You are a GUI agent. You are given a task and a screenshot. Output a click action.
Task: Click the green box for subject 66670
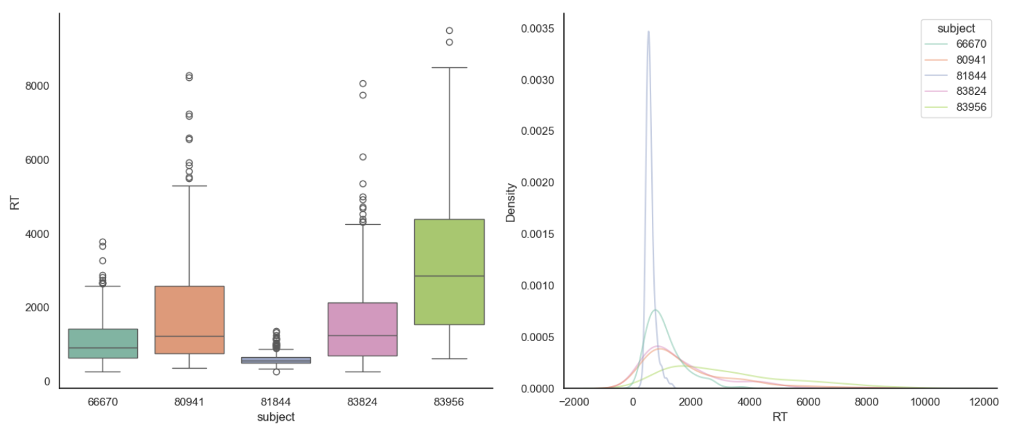(103, 343)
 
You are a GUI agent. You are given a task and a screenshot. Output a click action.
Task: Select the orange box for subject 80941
(189, 320)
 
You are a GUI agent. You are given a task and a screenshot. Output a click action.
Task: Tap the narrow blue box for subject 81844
(276, 360)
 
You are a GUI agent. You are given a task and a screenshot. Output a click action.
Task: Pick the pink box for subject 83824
(362, 329)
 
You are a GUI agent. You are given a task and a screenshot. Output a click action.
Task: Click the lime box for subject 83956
(449, 272)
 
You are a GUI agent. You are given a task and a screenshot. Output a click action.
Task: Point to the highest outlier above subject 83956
(449, 30)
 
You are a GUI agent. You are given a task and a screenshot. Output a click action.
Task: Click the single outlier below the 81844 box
(276, 372)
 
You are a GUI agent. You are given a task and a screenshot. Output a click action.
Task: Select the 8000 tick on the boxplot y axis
(36, 86)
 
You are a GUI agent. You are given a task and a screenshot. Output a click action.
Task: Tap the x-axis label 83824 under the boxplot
(362, 401)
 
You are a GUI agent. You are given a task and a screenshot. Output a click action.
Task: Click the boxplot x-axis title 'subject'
(276, 417)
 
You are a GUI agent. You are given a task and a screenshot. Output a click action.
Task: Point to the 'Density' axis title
(511, 202)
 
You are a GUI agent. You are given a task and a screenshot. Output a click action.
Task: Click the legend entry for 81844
(956, 77)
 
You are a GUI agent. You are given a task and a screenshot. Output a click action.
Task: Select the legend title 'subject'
(955, 29)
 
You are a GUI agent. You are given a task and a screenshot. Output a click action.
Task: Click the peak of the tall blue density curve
(648, 31)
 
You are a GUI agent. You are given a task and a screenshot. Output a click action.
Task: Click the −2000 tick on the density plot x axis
(574, 401)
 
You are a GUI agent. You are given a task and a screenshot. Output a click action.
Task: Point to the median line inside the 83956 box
(449, 276)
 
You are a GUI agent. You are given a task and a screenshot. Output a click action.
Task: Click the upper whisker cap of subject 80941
(189, 186)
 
